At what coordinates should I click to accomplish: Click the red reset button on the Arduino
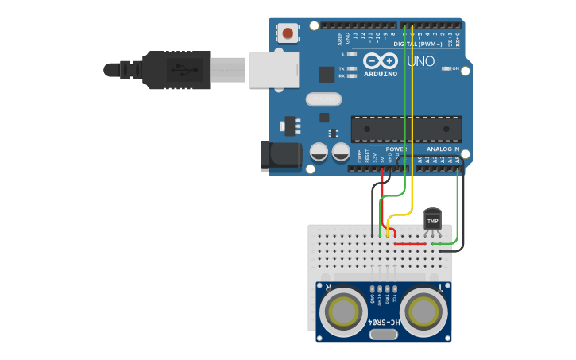click(x=287, y=33)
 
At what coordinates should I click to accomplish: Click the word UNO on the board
click(x=420, y=61)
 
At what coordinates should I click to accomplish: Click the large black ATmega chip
click(x=406, y=129)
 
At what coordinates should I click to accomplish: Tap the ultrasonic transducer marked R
click(x=344, y=309)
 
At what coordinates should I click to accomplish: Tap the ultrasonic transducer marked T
click(x=424, y=309)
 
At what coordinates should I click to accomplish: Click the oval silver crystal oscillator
click(x=323, y=99)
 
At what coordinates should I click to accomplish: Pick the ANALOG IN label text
click(x=443, y=149)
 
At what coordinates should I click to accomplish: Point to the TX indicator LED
click(x=352, y=68)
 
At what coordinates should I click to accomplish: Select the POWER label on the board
click(x=396, y=149)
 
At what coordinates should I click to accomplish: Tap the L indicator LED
click(x=352, y=55)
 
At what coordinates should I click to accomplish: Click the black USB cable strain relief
click(x=123, y=70)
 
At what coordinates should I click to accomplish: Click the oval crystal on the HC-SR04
click(x=384, y=335)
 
